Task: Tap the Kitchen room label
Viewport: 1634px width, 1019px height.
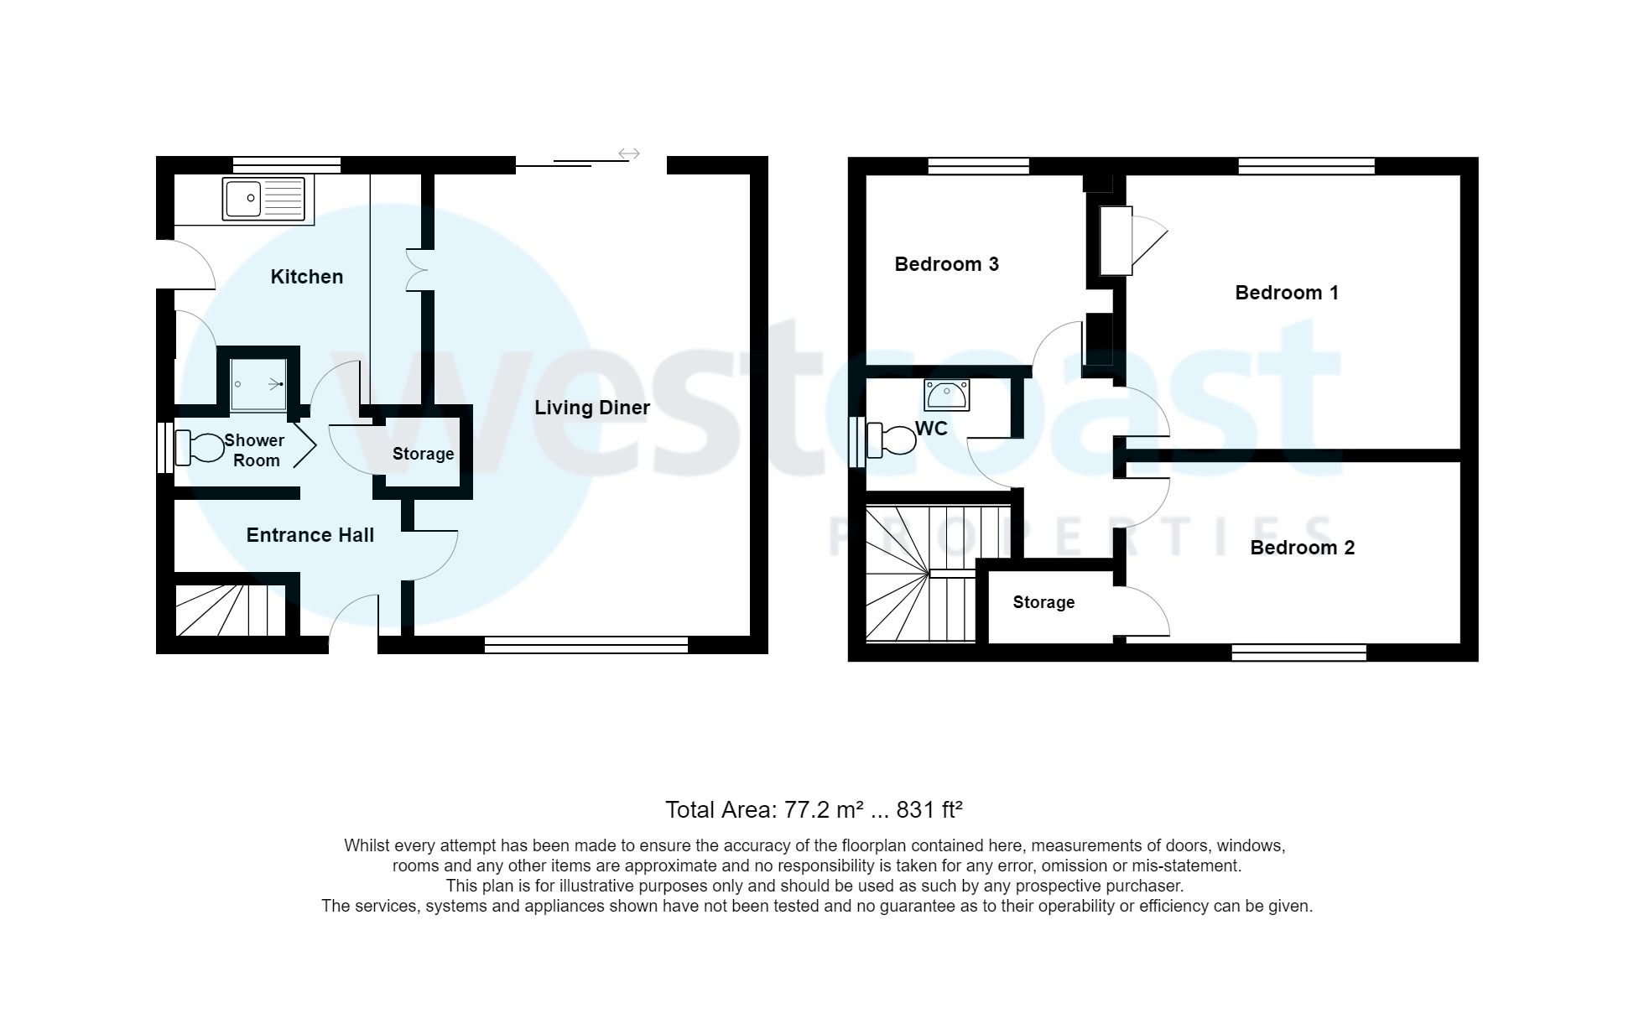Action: tap(306, 277)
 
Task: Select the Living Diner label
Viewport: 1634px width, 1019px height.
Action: tap(592, 408)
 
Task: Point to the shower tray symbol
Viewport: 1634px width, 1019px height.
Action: tap(258, 385)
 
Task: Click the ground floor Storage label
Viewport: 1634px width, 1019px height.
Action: tap(423, 454)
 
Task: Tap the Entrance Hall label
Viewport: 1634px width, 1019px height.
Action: tap(310, 535)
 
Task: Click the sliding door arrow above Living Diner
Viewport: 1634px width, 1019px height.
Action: tap(629, 153)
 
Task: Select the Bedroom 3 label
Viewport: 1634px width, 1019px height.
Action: tap(946, 264)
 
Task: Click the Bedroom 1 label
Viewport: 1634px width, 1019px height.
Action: tap(1286, 293)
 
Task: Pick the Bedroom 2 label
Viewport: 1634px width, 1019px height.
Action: tap(1302, 548)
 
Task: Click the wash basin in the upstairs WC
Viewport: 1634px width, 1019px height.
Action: tap(947, 394)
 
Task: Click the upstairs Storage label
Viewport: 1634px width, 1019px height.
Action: tap(1043, 602)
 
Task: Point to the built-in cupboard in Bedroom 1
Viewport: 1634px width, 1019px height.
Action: tap(1116, 241)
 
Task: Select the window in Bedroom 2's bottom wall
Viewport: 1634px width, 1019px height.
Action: tap(1298, 652)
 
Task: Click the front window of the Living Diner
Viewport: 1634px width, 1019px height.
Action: tap(585, 645)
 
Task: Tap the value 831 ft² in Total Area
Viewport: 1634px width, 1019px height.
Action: tap(929, 809)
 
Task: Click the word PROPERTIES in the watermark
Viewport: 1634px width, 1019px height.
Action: tap(1082, 537)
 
